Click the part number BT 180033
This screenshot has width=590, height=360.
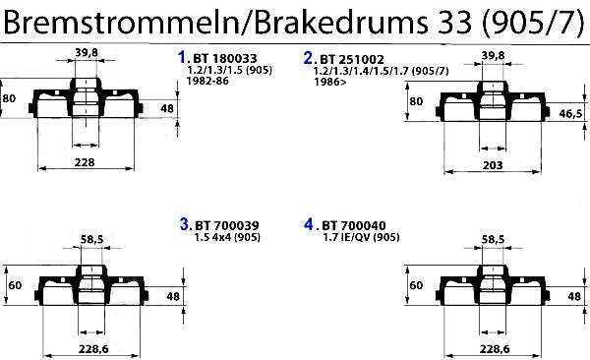coord(225,59)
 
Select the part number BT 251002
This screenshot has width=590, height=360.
coord(352,59)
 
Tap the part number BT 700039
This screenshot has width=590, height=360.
coord(227,225)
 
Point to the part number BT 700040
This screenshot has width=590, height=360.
coord(354,225)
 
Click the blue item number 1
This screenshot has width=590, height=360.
coord(182,57)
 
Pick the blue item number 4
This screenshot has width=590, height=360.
coord(309,224)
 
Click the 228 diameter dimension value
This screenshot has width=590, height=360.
coord(85,162)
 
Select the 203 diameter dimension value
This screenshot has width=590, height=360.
coord(493,165)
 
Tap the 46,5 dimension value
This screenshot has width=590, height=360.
coord(570,113)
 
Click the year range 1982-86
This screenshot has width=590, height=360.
coord(207,81)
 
